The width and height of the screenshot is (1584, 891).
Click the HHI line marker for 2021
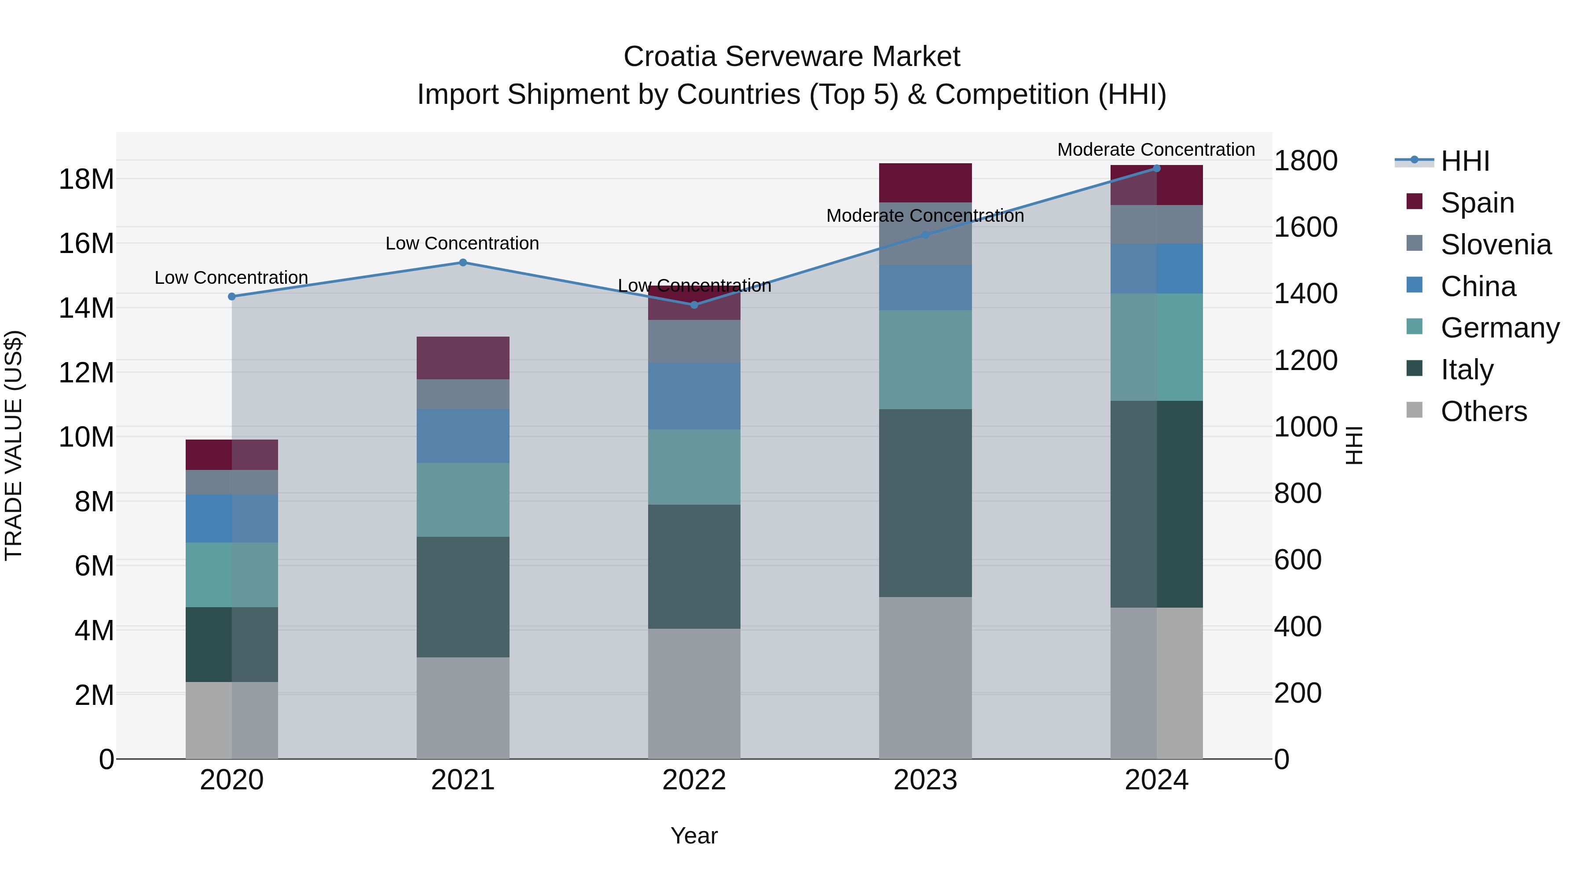(x=463, y=263)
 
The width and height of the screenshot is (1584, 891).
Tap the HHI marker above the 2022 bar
(x=694, y=305)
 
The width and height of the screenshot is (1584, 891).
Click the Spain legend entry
(x=1477, y=203)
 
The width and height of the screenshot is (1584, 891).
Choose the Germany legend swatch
(x=1414, y=328)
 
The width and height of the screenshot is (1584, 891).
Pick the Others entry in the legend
(x=1483, y=411)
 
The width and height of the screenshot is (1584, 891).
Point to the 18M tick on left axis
(x=86, y=180)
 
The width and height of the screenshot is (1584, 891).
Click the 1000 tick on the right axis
(x=1305, y=427)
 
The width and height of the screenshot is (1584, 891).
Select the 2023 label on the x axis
(x=925, y=780)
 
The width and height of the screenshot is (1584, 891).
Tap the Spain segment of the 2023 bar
(x=925, y=183)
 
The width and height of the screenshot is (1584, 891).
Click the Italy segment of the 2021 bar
(x=463, y=597)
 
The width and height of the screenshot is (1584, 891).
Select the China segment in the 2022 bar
(x=694, y=396)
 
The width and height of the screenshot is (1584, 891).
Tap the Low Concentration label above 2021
(x=462, y=243)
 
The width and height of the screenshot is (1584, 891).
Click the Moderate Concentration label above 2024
(x=1155, y=150)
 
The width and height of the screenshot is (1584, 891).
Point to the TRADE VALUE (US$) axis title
(x=14, y=445)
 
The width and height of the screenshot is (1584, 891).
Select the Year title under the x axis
(x=694, y=836)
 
